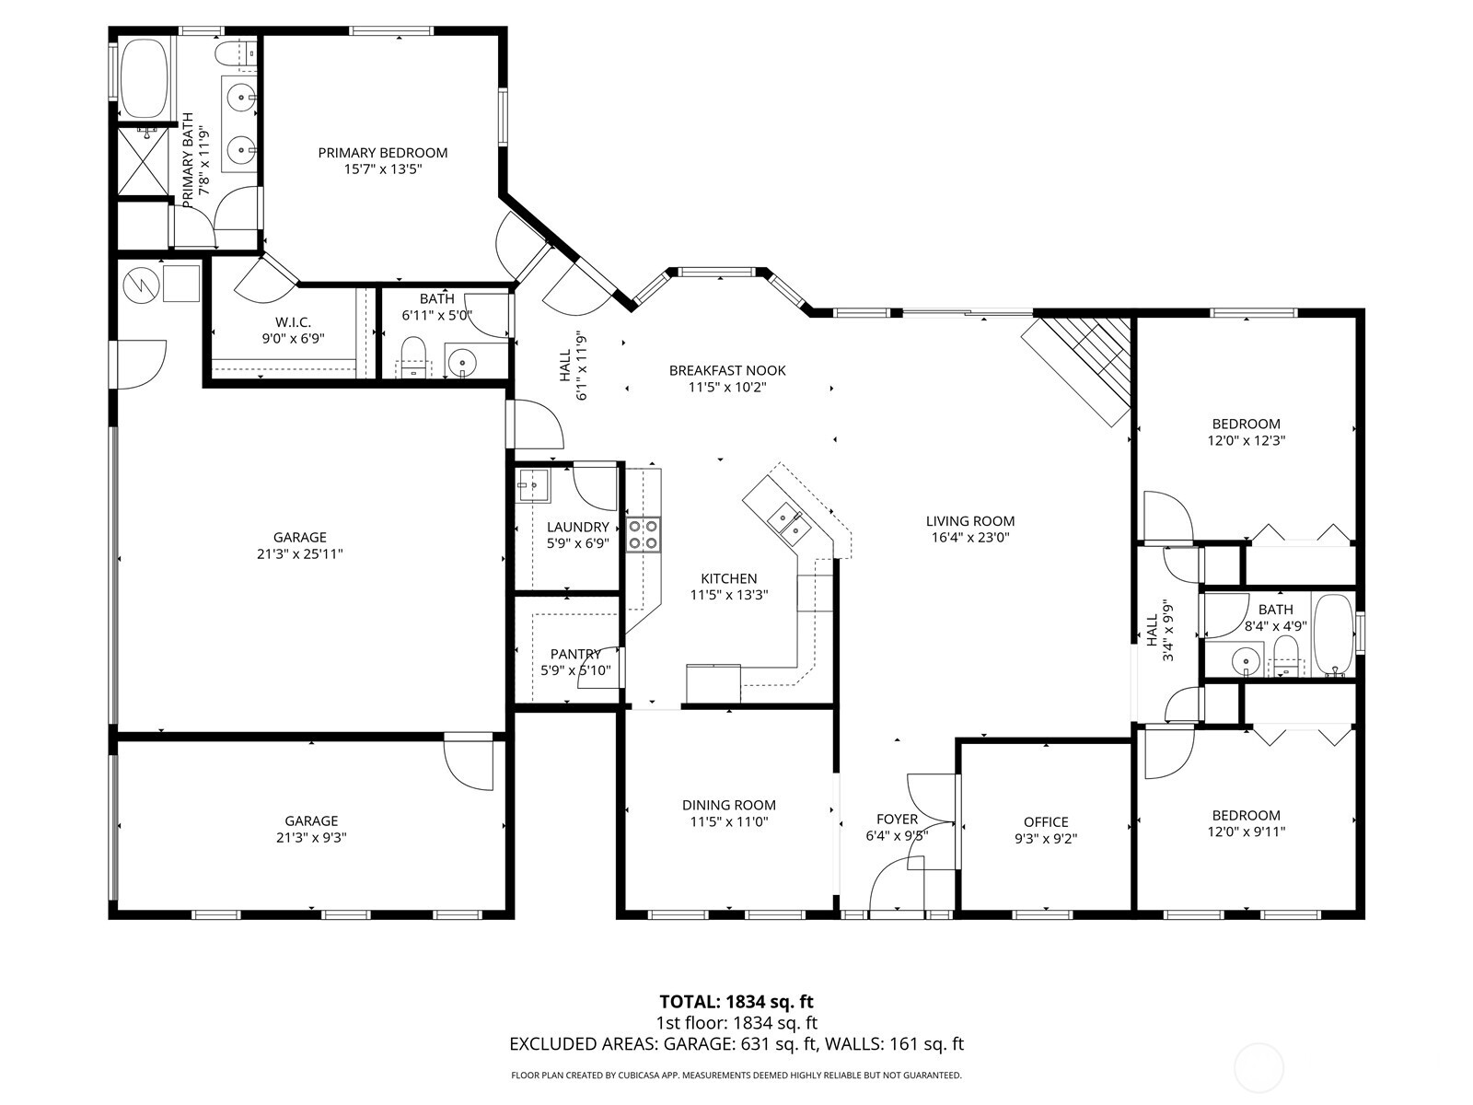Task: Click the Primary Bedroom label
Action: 382,153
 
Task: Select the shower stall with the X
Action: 145,163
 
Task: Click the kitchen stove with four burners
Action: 644,534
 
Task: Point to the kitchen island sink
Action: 784,519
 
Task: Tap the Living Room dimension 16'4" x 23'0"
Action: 969,538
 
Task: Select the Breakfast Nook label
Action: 727,370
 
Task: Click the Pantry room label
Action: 575,654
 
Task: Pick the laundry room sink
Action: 531,484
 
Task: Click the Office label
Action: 1046,822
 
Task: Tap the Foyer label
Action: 896,819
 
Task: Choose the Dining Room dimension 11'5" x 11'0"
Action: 728,821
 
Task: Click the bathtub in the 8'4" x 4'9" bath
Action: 1332,635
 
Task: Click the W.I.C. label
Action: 293,322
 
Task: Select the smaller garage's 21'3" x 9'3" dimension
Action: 311,838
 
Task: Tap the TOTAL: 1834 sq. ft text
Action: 736,1001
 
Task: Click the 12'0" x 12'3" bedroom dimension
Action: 1246,440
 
